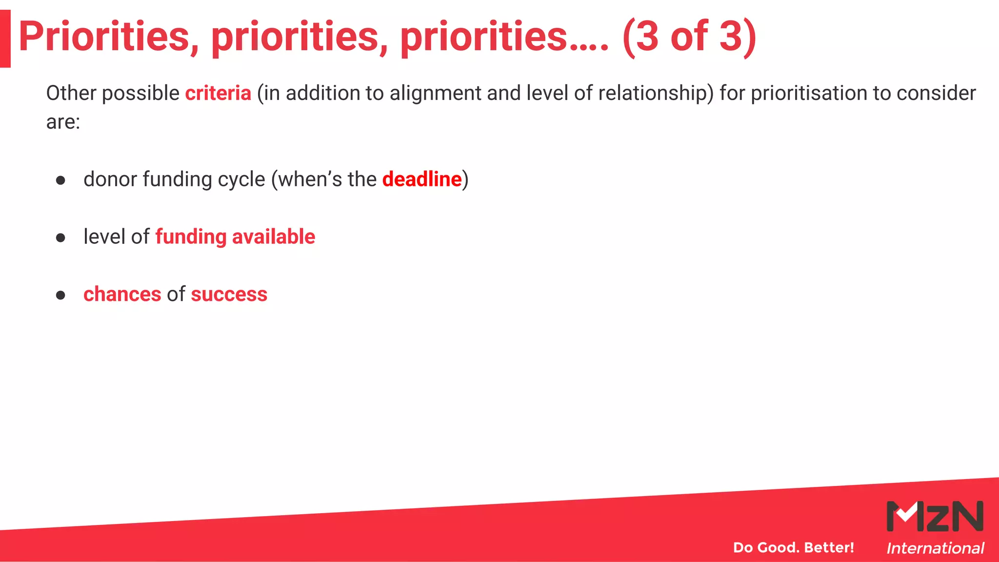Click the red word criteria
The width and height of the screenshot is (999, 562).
[218, 93]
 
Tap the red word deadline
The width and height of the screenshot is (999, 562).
[422, 180]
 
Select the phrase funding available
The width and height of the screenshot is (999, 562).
[235, 237]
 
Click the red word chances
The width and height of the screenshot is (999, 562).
[122, 295]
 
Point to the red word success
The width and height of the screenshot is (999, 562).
[229, 295]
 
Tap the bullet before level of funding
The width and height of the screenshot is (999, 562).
[60, 238]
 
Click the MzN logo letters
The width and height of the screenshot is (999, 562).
[935, 516]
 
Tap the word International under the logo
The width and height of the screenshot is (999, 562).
[935, 548]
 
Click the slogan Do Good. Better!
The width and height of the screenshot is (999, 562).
[794, 547]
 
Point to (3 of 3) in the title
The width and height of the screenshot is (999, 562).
[689, 37]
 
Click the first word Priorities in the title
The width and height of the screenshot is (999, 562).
[108, 37]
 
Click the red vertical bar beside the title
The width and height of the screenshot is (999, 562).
[5, 39]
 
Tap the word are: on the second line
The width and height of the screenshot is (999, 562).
[63, 122]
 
